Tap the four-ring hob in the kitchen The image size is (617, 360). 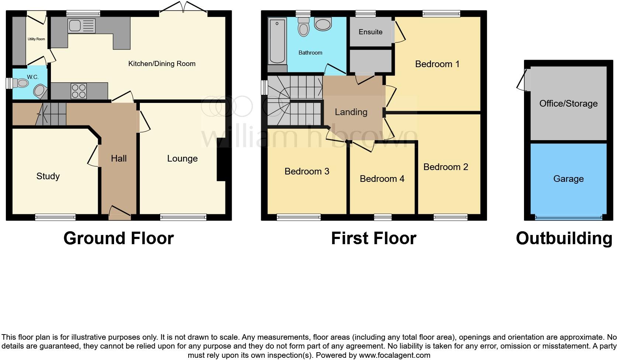tap(79, 91)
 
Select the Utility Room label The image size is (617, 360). tap(36, 39)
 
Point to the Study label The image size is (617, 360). tap(48, 176)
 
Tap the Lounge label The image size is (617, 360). tap(182, 159)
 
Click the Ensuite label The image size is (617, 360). tap(370, 32)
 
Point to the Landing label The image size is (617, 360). tap(351, 112)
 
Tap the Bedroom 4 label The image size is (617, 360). tap(382, 179)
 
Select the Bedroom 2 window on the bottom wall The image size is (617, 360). tap(450, 218)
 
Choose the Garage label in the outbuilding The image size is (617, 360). tap(568, 179)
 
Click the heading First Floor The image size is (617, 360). tap(373, 238)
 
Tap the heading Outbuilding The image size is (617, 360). tap(564, 238)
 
